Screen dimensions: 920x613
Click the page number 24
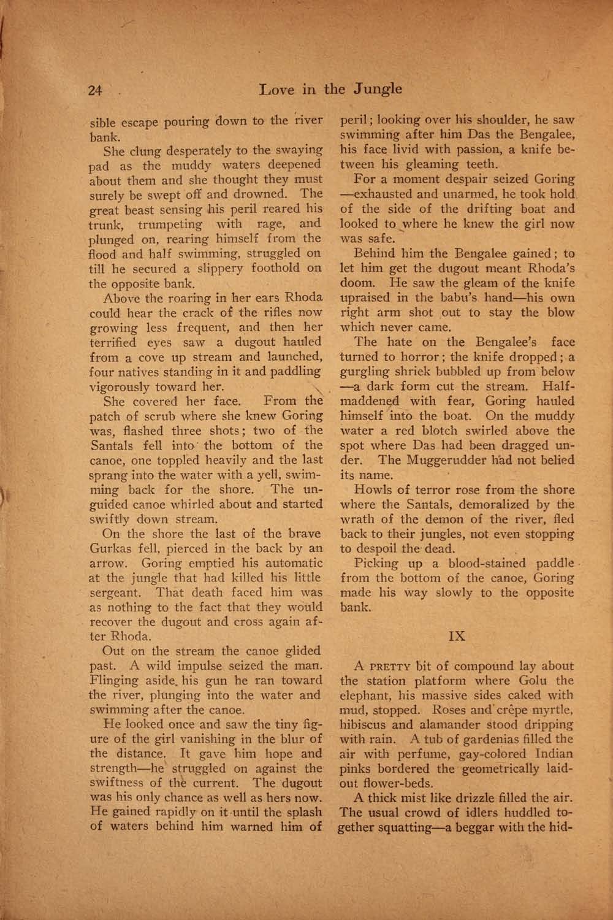94,90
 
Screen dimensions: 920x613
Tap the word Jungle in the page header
375,89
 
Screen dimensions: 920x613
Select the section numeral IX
457,636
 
